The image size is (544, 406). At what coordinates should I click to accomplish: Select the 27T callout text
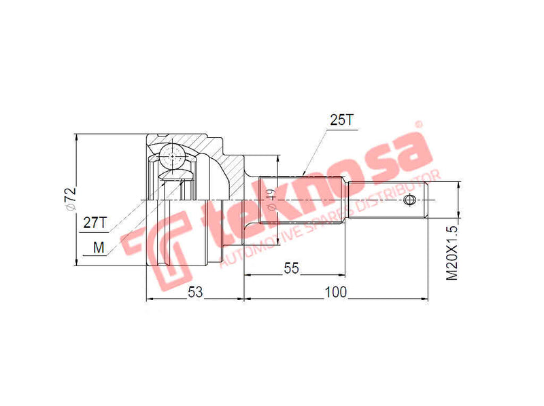pos(95,222)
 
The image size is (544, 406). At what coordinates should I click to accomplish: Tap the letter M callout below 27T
pos(99,248)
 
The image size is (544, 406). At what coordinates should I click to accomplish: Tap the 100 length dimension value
pos(336,291)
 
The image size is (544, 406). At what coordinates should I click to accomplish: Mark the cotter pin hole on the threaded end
pos(409,200)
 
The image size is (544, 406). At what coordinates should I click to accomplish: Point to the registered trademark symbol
pos(419,124)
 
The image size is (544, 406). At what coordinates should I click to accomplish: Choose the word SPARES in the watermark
pos(331,219)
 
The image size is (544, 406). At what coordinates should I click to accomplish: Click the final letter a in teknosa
pos(406,153)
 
